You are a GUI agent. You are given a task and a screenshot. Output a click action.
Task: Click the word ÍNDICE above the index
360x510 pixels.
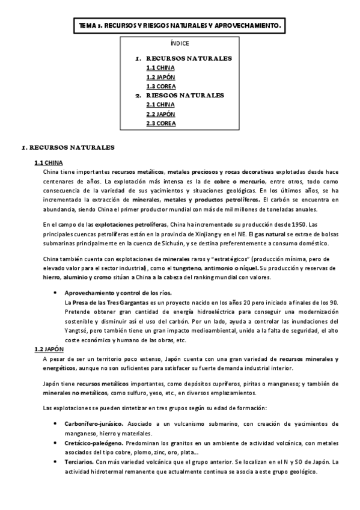(x=180, y=43)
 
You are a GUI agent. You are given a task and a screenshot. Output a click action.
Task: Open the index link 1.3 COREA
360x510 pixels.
(x=157, y=86)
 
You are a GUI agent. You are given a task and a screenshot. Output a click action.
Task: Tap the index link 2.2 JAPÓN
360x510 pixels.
(x=157, y=114)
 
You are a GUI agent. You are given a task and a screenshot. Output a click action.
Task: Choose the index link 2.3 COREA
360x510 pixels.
(x=157, y=123)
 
